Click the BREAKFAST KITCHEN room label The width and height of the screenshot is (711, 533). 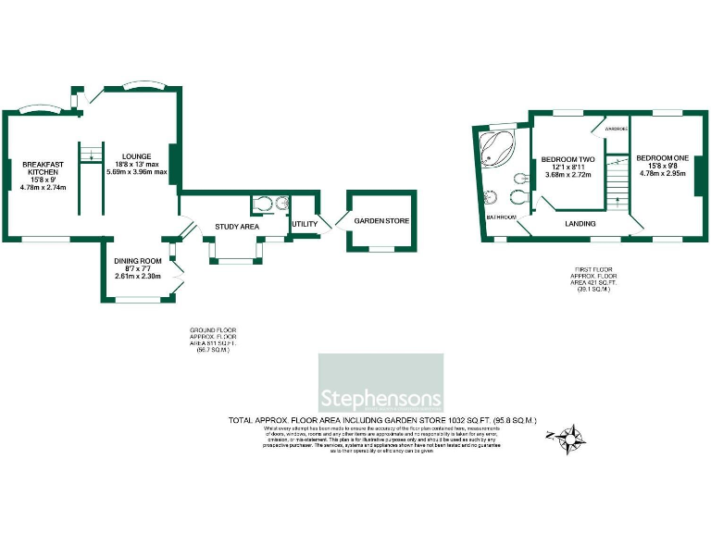(44, 167)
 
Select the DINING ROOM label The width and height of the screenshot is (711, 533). (138, 261)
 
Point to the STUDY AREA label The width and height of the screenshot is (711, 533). (236, 226)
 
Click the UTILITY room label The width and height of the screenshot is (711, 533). (305, 223)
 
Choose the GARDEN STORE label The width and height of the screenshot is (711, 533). (382, 220)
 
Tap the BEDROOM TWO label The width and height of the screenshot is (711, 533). (568, 158)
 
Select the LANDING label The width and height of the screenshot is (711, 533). (580, 224)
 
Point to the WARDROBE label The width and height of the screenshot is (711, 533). (617, 129)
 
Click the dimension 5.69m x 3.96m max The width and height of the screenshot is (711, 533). (136, 172)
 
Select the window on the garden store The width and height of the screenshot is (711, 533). (382, 250)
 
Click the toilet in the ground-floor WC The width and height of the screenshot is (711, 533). (261, 205)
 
